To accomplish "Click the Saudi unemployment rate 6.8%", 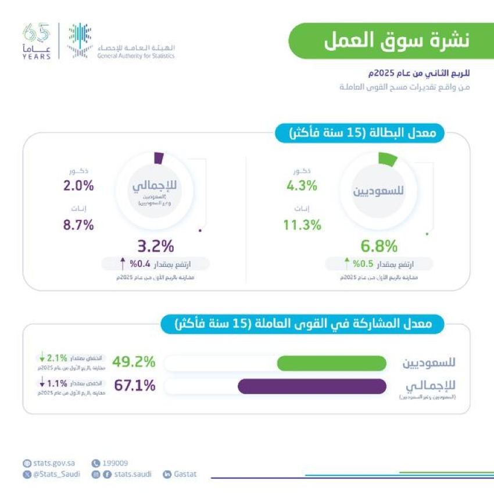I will tap(378, 246).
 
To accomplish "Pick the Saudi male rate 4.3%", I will tap(302, 186).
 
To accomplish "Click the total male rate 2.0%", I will tap(78, 186).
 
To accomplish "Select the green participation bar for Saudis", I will tap(331, 363).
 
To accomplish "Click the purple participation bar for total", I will tap(312, 386).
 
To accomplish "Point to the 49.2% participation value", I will tap(134, 362).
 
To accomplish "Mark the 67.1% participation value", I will tap(134, 385).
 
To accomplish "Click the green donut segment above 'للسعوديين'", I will tap(387, 159).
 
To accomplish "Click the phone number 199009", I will tap(114, 463).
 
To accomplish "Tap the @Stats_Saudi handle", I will tap(55, 474).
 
